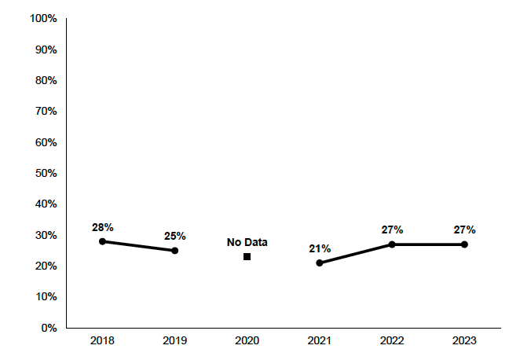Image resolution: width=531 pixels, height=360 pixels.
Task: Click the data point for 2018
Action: tap(102, 241)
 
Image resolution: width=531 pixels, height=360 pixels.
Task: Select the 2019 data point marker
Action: tap(174, 251)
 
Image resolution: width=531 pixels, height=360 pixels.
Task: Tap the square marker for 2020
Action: tap(247, 256)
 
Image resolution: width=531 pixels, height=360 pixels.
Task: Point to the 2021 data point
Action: tap(320, 263)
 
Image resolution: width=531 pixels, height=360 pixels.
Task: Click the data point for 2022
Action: tap(392, 244)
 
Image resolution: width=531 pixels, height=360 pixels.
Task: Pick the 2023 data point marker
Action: tap(464, 244)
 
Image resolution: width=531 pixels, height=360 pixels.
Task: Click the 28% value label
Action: tap(102, 227)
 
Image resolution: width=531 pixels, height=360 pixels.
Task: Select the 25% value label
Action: tap(174, 236)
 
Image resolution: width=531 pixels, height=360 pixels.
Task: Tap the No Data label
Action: tap(247, 243)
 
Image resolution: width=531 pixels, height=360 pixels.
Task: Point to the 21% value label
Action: tap(320, 248)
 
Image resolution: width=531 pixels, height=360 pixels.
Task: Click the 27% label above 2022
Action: tap(392, 230)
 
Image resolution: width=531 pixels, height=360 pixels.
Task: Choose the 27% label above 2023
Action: tap(464, 230)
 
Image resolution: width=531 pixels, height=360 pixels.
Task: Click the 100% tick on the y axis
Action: tap(42, 18)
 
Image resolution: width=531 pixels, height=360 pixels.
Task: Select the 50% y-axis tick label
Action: tap(45, 173)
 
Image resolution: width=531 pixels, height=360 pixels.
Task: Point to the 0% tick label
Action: tap(49, 328)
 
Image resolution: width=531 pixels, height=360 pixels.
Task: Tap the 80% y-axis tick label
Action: tap(45, 80)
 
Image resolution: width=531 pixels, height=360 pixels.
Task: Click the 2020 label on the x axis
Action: tap(247, 341)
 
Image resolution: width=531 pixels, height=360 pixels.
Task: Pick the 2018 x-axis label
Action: tap(102, 341)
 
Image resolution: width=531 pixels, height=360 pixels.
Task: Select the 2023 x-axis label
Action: tap(464, 341)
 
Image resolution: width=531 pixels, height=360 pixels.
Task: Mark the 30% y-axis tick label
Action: tap(45, 235)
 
